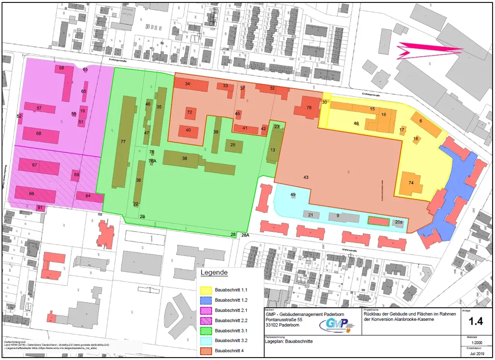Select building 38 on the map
point(184,159)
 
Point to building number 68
point(39,134)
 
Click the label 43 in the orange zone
point(306,178)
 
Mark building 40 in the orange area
point(189,131)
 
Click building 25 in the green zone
point(233,145)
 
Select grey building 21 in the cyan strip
point(311,215)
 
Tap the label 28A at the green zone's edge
point(245,235)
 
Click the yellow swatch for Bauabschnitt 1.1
point(206,289)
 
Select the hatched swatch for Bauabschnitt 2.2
point(206,320)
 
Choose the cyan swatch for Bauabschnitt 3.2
point(206,340)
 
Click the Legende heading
point(214,273)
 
